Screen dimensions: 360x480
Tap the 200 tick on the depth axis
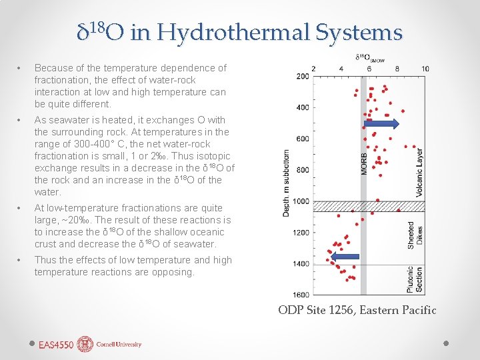click(x=301, y=76)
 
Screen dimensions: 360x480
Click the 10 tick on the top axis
click(x=425, y=69)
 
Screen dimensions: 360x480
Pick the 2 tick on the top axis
click(x=314, y=69)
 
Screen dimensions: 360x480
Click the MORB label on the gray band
click(x=364, y=160)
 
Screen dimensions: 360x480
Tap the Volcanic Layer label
click(x=419, y=173)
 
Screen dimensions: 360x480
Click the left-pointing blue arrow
click(x=345, y=257)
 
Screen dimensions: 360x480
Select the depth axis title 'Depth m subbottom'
click(x=286, y=180)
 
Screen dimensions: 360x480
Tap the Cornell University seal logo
click(x=85, y=344)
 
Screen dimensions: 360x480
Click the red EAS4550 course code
click(x=56, y=345)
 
